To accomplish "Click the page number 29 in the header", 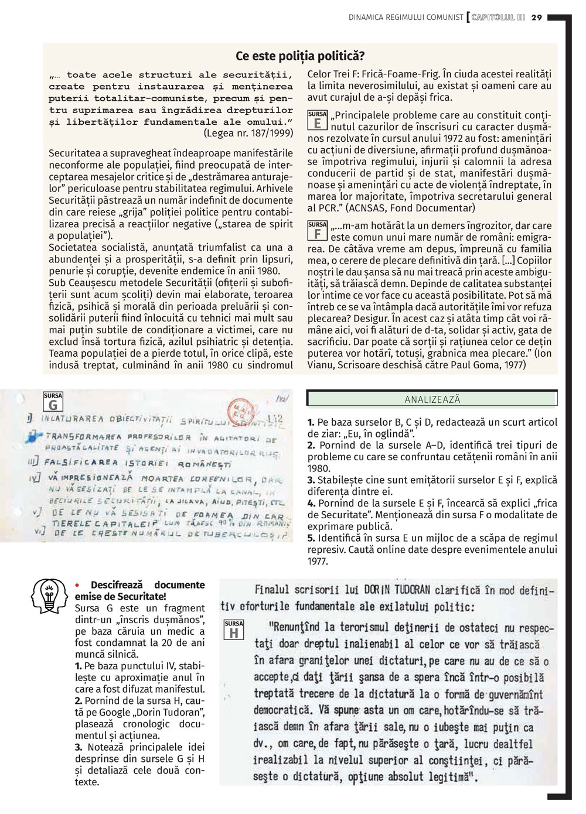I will pyautogui.click(x=537, y=18).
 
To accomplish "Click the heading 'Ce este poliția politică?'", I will pyautogui.click(x=299, y=56).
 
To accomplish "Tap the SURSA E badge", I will pyautogui.click(x=317, y=120).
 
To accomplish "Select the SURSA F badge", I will pyautogui.click(x=317, y=231).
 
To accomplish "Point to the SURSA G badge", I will pyautogui.click(x=53, y=402).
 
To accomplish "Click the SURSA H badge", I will pyautogui.click(x=234, y=630).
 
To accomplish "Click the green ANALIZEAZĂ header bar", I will pyautogui.click(x=432, y=399).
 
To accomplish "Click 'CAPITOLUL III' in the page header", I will pyautogui.click(x=498, y=18).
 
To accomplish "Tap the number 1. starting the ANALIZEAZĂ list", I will pyautogui.click(x=311, y=422).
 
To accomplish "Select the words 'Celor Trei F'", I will pyautogui.click(x=333, y=74).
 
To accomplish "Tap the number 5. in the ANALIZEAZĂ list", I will pyautogui.click(x=311, y=538).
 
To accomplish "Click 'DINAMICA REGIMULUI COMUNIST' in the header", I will pyautogui.click(x=406, y=18).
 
